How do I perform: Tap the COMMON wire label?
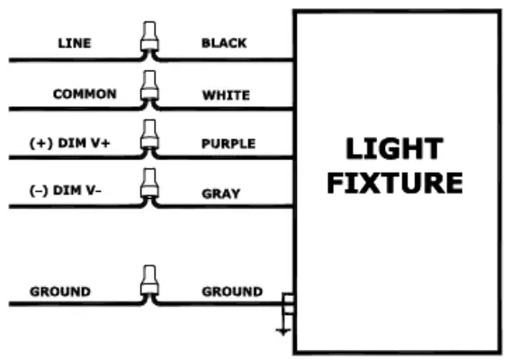click(x=85, y=94)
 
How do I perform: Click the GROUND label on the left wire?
click(x=60, y=292)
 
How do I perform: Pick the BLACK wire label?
click(x=224, y=42)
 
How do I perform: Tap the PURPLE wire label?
click(x=229, y=143)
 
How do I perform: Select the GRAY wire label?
click(x=220, y=192)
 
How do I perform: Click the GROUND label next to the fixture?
click(x=232, y=292)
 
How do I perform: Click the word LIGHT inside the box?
click(x=394, y=148)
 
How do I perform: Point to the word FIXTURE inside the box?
click(x=394, y=183)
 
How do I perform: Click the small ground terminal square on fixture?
click(x=288, y=301)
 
